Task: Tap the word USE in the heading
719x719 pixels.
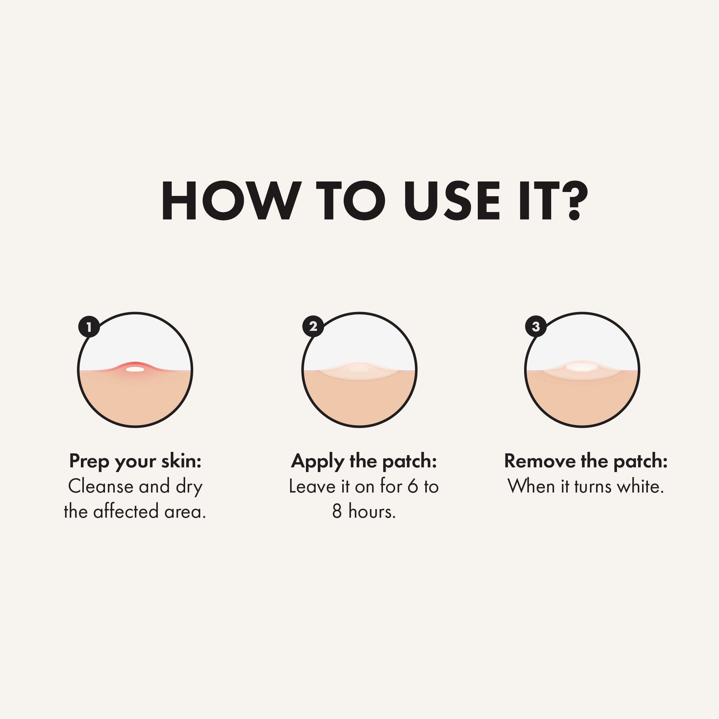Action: click(x=453, y=201)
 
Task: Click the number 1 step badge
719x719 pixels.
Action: click(x=89, y=327)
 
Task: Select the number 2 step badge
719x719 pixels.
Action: click(x=313, y=326)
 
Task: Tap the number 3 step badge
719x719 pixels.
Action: click(x=536, y=326)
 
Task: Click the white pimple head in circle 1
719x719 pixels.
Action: click(x=135, y=369)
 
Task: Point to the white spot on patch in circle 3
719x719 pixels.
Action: click(x=582, y=367)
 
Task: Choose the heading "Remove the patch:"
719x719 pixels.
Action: click(x=586, y=461)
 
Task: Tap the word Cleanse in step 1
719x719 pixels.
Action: click(x=100, y=487)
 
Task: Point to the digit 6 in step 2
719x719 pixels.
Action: click(x=413, y=487)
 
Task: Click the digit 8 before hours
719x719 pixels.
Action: click(x=337, y=512)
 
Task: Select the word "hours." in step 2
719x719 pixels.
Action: click(x=372, y=511)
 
